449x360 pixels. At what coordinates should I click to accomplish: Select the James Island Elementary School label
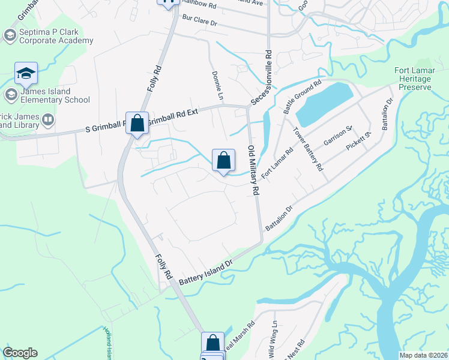(x=55, y=95)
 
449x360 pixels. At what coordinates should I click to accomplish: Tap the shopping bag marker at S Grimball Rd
(x=137, y=124)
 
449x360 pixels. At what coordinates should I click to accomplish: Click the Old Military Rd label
(x=254, y=169)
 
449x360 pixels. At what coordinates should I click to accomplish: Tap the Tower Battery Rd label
(x=309, y=149)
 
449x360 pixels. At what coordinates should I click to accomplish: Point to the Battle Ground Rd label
(x=303, y=97)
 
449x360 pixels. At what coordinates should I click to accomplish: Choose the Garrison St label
(x=337, y=135)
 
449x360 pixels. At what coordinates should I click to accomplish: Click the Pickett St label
(x=359, y=143)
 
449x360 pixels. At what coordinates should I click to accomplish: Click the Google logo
(x=20, y=353)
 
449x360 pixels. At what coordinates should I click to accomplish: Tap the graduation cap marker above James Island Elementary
(x=26, y=73)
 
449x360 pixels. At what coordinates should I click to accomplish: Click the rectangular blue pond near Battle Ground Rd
(x=325, y=104)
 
